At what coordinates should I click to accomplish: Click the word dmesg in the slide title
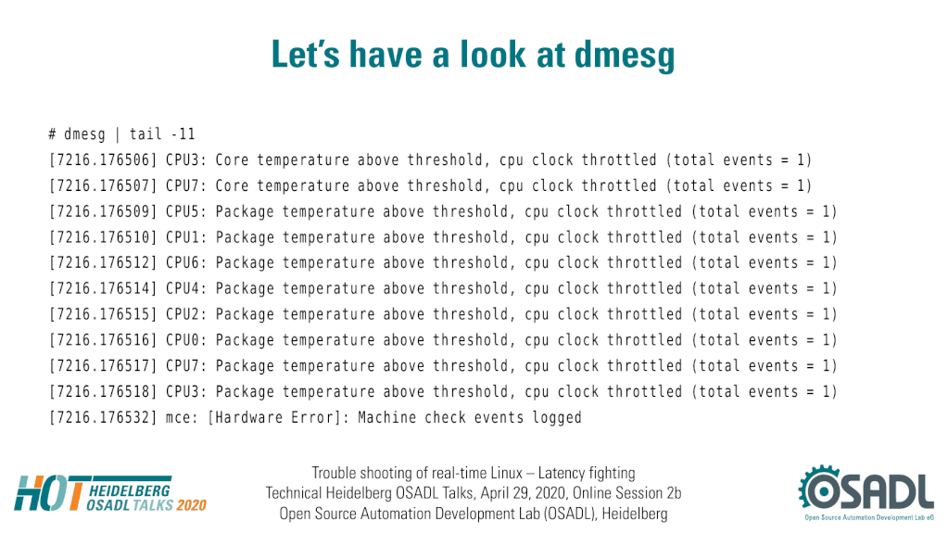(624, 56)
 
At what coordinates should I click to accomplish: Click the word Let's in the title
(305, 55)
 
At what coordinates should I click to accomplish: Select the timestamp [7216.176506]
(103, 160)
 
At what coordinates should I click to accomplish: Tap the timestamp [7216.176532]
(103, 418)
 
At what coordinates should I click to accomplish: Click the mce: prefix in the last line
(182, 418)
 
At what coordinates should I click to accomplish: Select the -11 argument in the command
(183, 134)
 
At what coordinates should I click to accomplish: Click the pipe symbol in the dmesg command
(118, 134)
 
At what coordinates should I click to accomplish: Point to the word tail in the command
(145, 133)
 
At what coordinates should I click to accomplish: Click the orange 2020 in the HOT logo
(192, 505)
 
